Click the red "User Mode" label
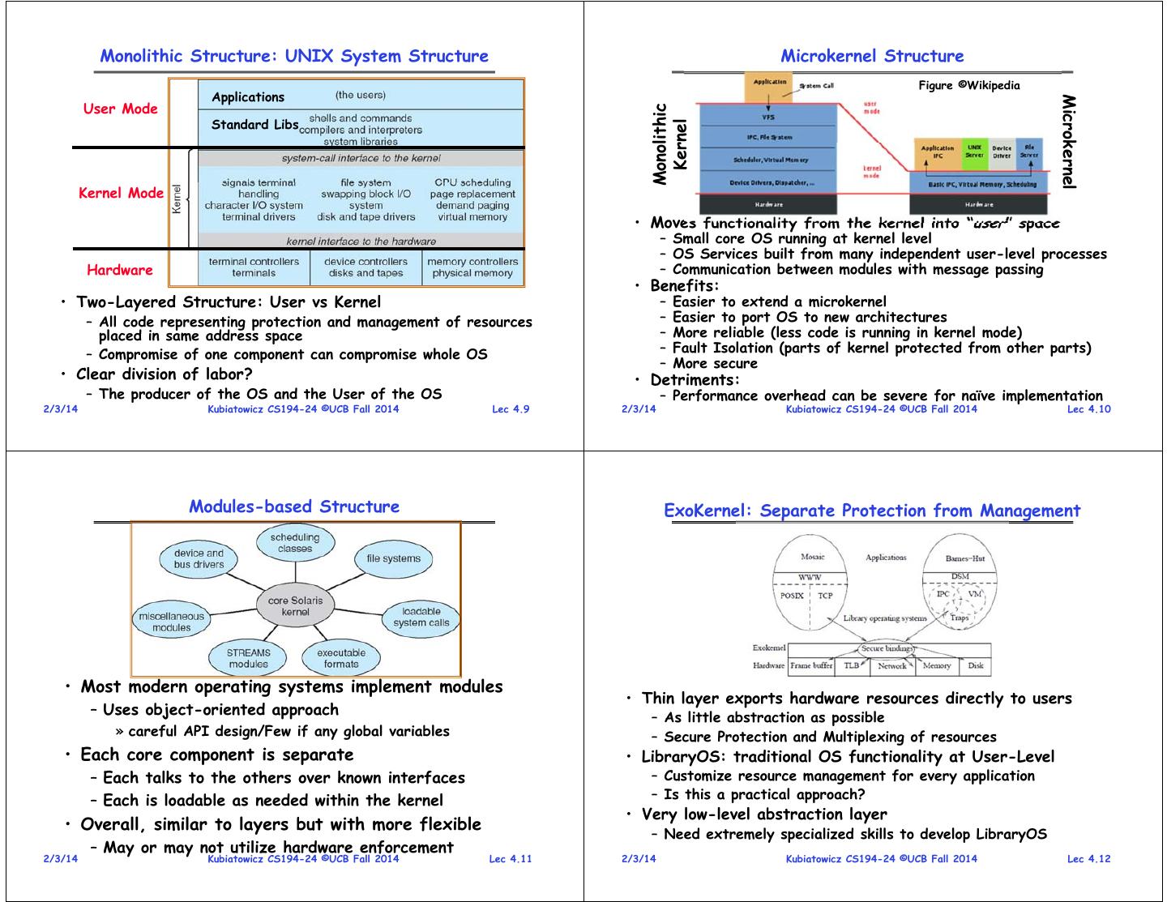120,109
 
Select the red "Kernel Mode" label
121,193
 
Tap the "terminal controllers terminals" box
254,267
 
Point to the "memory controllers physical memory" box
472,267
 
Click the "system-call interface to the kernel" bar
361,158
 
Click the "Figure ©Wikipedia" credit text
968,85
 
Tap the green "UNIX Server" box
974,152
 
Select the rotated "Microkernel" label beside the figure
1069,142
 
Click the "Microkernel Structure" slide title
872,56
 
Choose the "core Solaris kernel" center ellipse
295,606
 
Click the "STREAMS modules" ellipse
249,658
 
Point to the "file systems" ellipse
393,558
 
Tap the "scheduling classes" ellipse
295,543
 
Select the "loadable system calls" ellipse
421,617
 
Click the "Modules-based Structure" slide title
294,507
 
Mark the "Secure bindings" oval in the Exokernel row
887,648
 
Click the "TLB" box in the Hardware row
851,665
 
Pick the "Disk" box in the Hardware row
976,665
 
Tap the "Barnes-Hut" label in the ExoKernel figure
965,558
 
